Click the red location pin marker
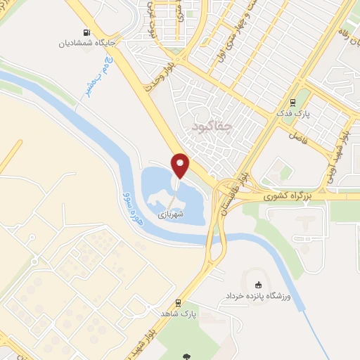(181, 165)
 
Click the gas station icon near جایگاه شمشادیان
(87, 32)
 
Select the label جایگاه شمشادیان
(86, 44)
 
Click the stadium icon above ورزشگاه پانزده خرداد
(258, 285)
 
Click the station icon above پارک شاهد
(179, 302)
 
